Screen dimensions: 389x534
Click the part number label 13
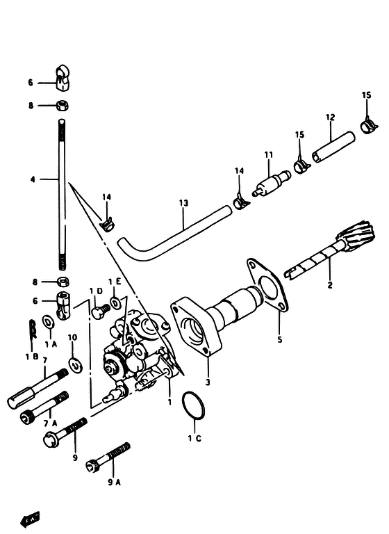[183, 203]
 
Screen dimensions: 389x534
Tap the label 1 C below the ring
[194, 438]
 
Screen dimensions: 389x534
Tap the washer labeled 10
[76, 364]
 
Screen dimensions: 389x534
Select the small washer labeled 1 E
[115, 302]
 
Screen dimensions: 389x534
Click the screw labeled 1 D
[100, 311]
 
